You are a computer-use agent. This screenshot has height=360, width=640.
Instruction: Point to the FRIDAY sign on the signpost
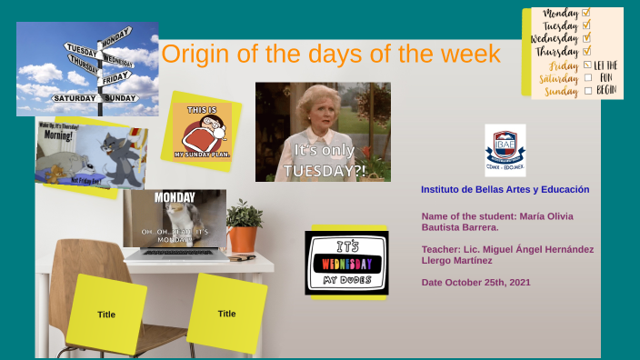click(x=115, y=77)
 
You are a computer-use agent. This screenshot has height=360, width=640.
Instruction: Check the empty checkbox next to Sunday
click(x=587, y=91)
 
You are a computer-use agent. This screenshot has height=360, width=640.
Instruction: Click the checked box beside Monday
click(x=585, y=13)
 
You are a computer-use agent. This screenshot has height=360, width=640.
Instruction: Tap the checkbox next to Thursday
click(x=586, y=52)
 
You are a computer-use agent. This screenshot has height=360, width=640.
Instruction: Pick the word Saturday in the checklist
click(x=559, y=78)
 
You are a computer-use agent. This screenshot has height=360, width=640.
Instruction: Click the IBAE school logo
click(x=505, y=148)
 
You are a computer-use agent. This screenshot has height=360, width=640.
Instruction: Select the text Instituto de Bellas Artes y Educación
click(x=505, y=189)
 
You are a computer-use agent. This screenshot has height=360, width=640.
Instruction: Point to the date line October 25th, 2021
click(x=475, y=283)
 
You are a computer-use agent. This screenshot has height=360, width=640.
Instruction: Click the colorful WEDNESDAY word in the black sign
click(x=346, y=263)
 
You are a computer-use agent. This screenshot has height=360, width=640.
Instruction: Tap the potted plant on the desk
click(x=244, y=226)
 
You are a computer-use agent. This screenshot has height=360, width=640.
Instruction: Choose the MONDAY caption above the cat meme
click(x=175, y=196)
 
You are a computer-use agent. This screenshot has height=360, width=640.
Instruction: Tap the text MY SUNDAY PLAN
click(x=202, y=155)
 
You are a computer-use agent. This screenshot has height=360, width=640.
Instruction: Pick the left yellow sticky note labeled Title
click(x=106, y=315)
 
